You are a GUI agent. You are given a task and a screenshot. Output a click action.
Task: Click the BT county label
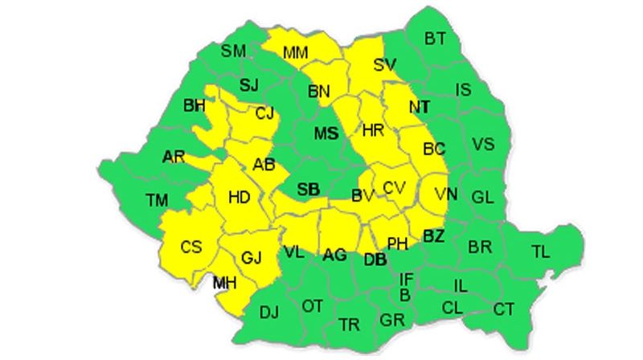point(436,38)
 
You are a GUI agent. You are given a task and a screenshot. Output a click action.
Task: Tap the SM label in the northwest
point(234,51)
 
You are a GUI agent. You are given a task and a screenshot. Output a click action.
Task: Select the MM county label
point(296,53)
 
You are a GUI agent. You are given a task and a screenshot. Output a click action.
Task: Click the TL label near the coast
point(541,252)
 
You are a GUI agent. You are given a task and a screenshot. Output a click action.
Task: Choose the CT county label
point(504,309)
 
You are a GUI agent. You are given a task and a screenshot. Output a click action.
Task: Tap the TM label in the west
point(157,199)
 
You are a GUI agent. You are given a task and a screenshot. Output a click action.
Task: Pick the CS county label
point(191,247)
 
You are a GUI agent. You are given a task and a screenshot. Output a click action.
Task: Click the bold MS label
point(326,133)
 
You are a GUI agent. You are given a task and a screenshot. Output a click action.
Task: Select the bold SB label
point(309,190)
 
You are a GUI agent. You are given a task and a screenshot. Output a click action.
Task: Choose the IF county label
point(407,279)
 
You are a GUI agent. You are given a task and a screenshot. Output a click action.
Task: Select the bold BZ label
point(434,237)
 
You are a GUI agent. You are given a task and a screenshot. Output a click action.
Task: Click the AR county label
point(174,157)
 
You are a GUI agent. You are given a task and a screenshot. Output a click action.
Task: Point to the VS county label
point(483,145)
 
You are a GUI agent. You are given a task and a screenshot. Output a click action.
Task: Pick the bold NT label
point(419,107)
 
